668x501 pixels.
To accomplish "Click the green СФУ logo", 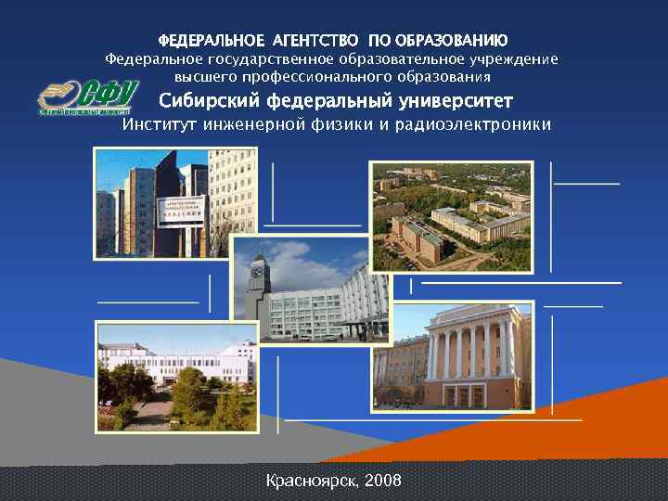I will pyautogui.click(x=88, y=96).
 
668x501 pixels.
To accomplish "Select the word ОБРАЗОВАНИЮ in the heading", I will pyautogui.click(x=451, y=41).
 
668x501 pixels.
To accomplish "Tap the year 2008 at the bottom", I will pyautogui.click(x=383, y=481).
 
